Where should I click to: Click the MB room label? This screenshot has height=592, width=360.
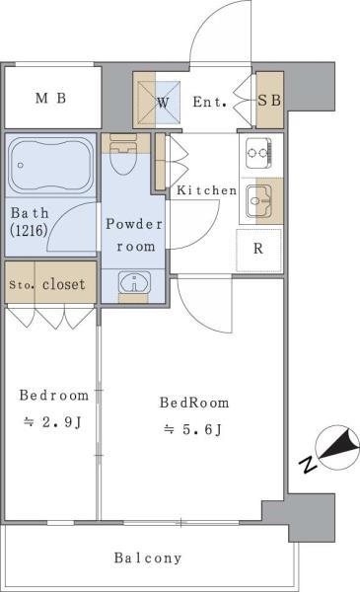click(51, 99)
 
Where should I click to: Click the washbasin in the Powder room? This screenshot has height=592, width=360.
click(132, 284)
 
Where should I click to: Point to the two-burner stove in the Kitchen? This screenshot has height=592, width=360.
click(258, 153)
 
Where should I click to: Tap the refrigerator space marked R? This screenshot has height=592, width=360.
click(258, 249)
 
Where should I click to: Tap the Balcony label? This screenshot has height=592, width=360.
click(148, 557)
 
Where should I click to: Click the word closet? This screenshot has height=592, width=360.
click(63, 284)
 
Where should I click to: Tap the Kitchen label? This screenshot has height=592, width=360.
click(206, 190)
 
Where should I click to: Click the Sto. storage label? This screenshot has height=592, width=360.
click(20, 285)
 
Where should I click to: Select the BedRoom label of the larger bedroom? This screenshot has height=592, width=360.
click(195, 403)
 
